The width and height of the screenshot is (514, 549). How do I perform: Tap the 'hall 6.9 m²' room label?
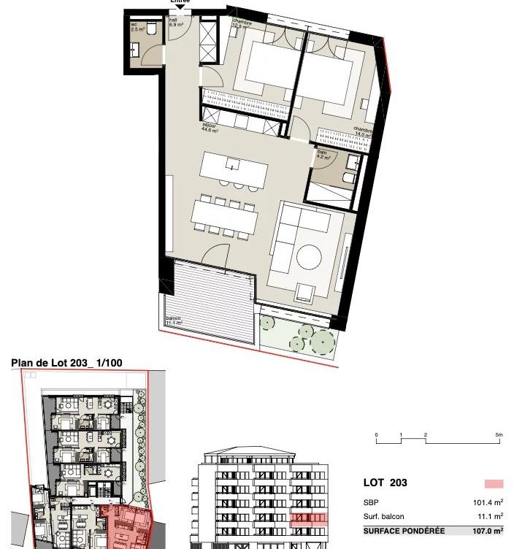coord(176,23)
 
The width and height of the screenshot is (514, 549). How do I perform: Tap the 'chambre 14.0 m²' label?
coord(363,131)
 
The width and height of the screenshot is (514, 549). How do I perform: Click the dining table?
coord(225,215)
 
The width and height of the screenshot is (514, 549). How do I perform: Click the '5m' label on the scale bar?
coord(499,435)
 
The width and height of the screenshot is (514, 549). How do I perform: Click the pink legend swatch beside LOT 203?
coord(494,483)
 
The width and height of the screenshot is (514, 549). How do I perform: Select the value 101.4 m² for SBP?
coord(487,502)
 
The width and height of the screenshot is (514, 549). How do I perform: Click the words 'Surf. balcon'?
coord(383,516)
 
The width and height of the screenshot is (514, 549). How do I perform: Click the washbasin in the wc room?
coord(136,50)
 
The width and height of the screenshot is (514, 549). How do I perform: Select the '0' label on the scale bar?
coord(377,435)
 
